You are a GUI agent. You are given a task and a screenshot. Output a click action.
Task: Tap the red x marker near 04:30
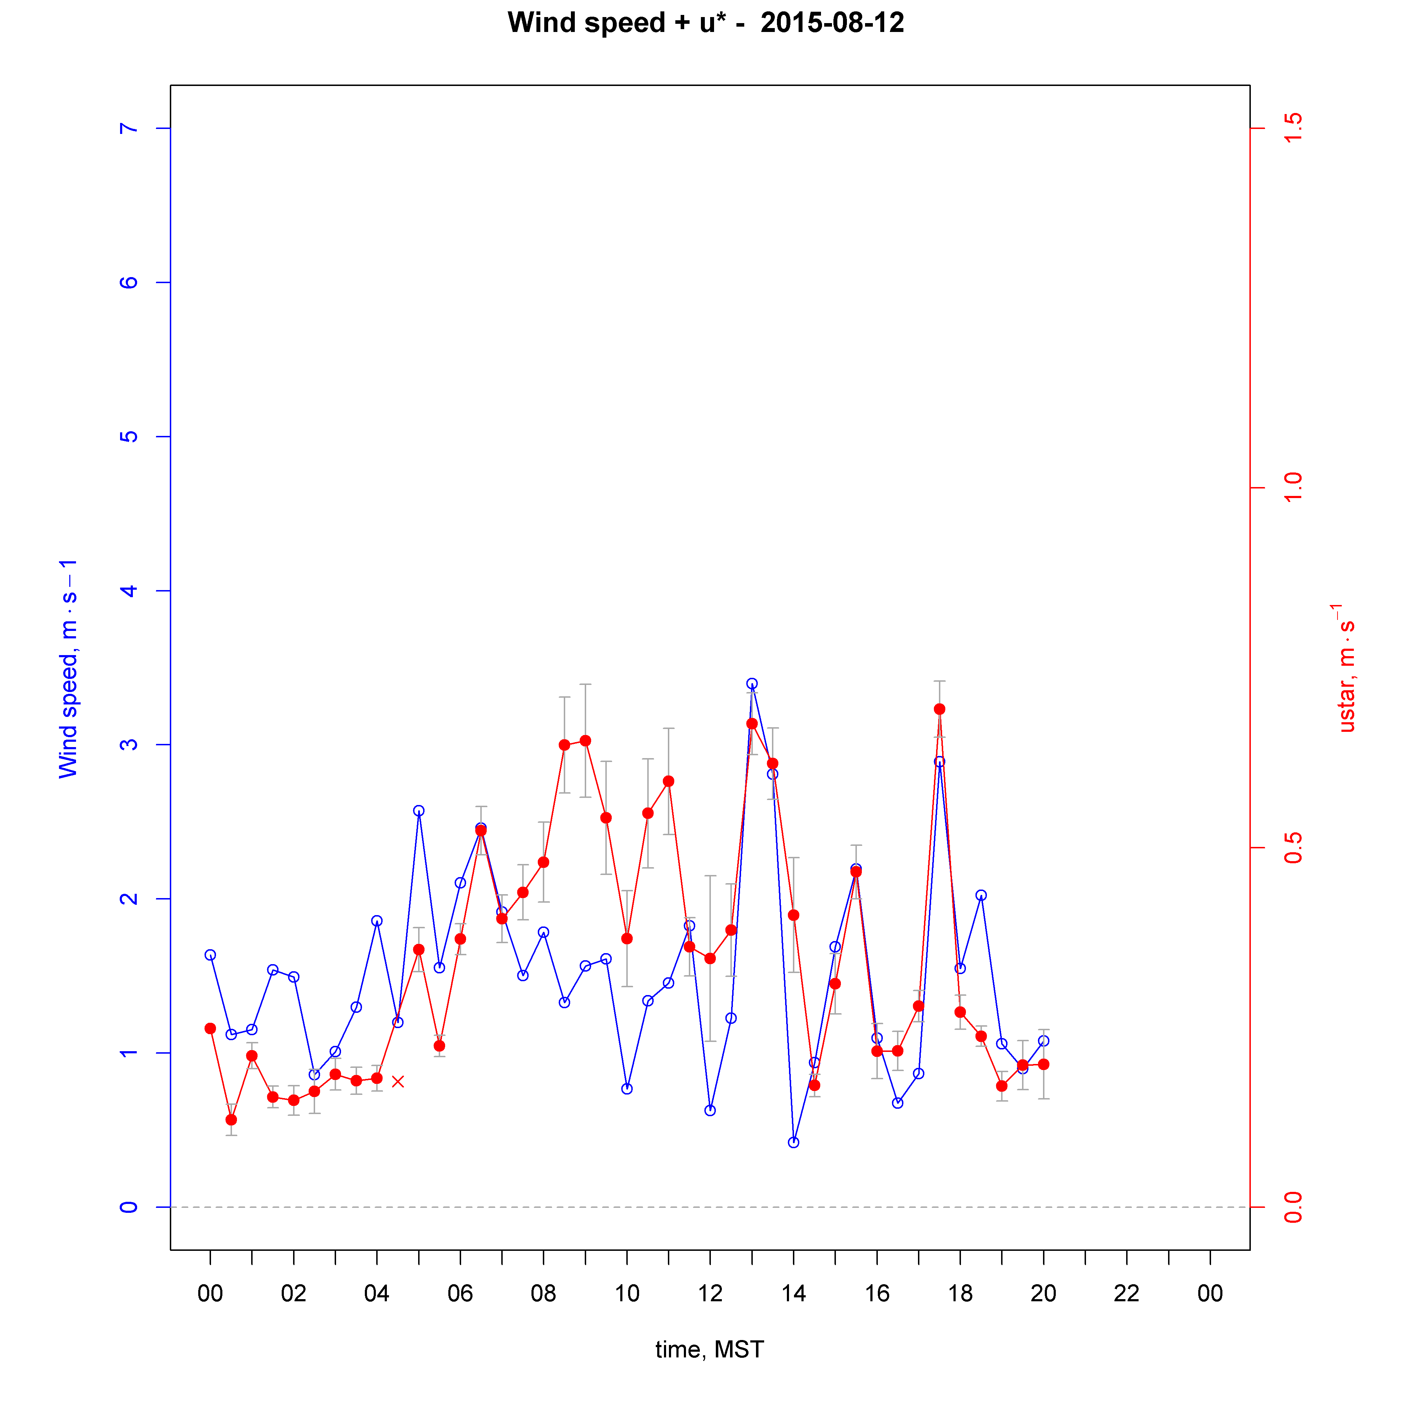pos(398,1081)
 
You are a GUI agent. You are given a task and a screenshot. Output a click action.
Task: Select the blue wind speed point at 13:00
pos(752,684)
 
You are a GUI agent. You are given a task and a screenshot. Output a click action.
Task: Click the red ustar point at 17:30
pos(939,709)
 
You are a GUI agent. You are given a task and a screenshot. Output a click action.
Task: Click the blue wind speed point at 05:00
pos(418,811)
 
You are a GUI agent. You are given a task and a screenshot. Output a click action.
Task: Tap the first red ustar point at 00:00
pos(210,1028)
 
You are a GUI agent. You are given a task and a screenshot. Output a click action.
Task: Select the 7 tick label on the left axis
pos(129,129)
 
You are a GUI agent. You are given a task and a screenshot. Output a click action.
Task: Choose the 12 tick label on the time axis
pos(710,1294)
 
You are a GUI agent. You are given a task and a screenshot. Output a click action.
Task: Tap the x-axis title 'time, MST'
pos(710,1350)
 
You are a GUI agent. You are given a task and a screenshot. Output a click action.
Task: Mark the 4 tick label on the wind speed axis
pos(129,591)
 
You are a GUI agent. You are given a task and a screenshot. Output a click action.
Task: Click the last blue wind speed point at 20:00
pos(1044,1041)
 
